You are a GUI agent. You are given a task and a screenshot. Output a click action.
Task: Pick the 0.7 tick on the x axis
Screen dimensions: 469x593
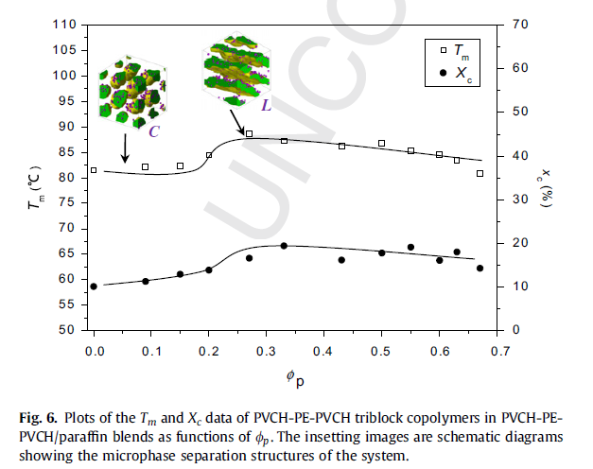pos(497,351)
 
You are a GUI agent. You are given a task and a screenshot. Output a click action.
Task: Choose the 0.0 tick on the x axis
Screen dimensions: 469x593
pos(94,351)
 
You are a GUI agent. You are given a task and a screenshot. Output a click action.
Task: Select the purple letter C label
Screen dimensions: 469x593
pos(153,130)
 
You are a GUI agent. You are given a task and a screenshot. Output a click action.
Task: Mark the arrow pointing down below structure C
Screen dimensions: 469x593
pos(124,147)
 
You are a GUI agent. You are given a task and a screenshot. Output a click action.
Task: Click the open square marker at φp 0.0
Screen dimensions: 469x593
pos(94,170)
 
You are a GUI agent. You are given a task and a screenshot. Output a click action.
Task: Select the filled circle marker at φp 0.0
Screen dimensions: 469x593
pos(94,287)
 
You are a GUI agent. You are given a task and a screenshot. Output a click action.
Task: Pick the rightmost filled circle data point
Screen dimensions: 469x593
pos(480,269)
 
